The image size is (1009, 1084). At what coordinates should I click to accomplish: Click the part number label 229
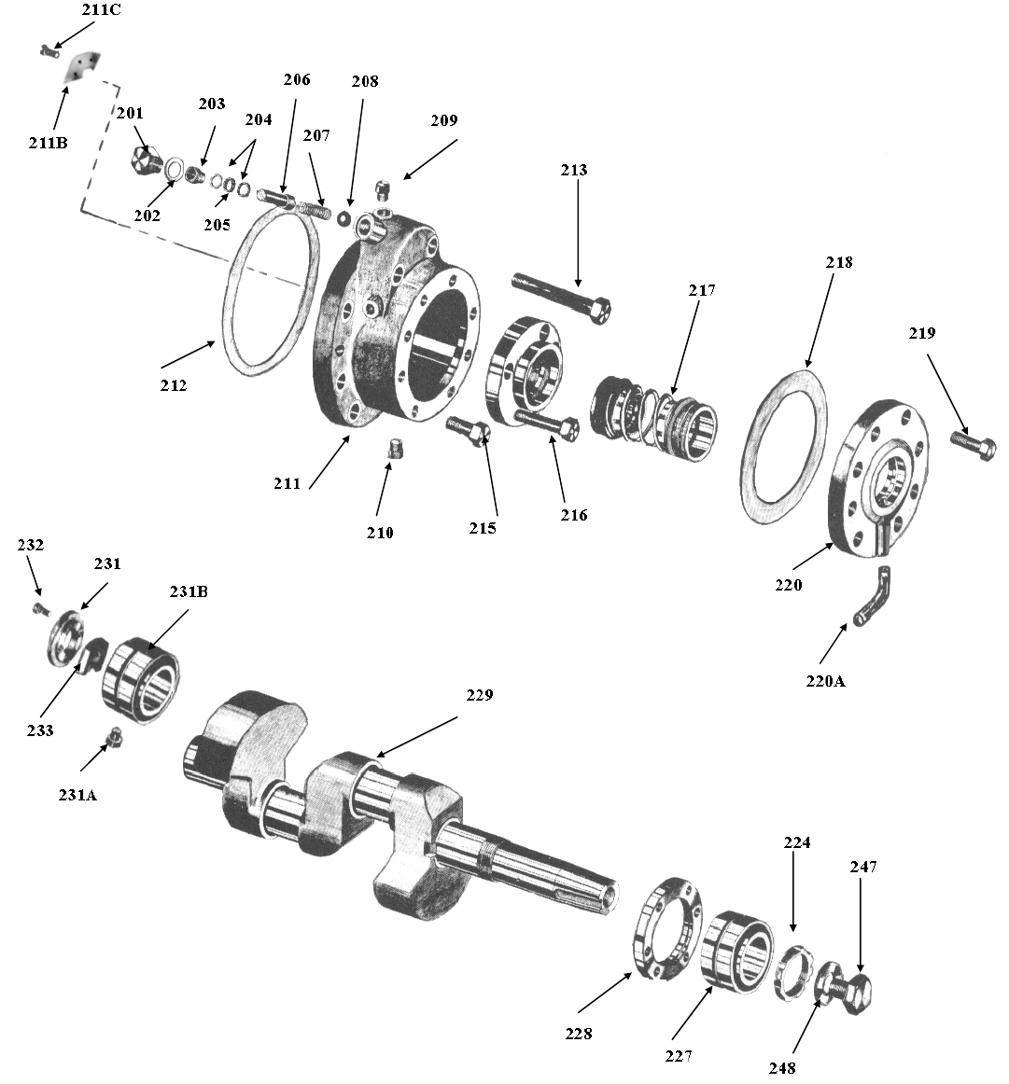click(x=479, y=695)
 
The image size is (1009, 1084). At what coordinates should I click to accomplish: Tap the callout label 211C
click(x=101, y=9)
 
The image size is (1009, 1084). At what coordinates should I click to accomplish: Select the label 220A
click(x=825, y=681)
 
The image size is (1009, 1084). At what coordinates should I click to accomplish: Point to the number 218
click(x=839, y=262)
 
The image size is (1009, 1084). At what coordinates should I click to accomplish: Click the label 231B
click(x=189, y=591)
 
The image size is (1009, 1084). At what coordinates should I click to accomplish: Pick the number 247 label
click(x=863, y=867)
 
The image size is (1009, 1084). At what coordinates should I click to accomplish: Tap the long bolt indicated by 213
click(x=561, y=298)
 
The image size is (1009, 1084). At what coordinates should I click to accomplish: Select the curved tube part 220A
click(x=874, y=596)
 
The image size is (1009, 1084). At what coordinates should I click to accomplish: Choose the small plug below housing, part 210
click(x=396, y=448)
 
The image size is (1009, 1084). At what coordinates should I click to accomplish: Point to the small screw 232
click(x=41, y=609)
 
